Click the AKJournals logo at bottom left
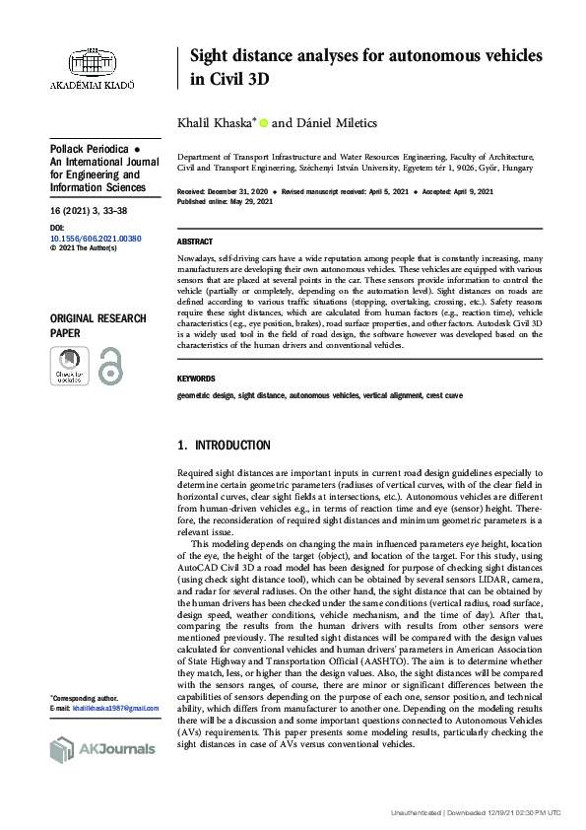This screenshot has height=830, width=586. (x=102, y=749)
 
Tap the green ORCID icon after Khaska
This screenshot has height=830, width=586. (x=264, y=123)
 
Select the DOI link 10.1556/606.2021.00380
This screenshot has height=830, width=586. (x=96, y=239)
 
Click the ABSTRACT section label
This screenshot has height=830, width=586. (x=195, y=242)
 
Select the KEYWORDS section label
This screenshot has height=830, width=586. (x=198, y=379)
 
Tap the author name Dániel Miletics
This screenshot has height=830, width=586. (x=338, y=123)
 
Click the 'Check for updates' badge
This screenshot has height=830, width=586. (x=69, y=366)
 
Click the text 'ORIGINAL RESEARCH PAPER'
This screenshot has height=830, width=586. (x=98, y=326)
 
